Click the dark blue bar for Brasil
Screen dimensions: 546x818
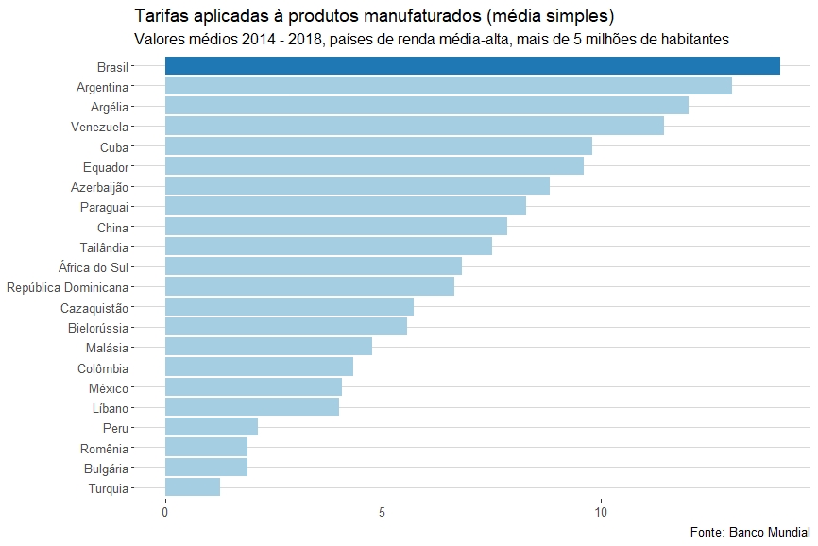[x=472, y=65]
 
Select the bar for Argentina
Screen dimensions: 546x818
[x=449, y=86]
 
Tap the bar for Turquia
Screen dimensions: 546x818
[x=193, y=487]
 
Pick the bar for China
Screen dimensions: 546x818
[x=336, y=227]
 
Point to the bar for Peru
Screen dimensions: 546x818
[x=212, y=427]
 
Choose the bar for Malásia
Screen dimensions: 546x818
[x=268, y=347]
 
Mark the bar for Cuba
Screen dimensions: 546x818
[x=379, y=146]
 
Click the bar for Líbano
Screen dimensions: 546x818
[x=252, y=407]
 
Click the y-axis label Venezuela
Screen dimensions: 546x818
[x=99, y=127]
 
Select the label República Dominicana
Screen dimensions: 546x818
[x=67, y=287]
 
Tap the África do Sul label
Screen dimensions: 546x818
[x=93, y=267]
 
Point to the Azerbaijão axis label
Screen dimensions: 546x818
[x=99, y=187]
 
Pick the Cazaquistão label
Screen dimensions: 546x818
[x=94, y=308]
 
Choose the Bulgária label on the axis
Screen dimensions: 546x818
[x=104, y=469]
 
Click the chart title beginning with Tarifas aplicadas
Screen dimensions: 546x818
[x=374, y=17]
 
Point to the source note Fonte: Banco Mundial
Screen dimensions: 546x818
[x=751, y=532]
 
